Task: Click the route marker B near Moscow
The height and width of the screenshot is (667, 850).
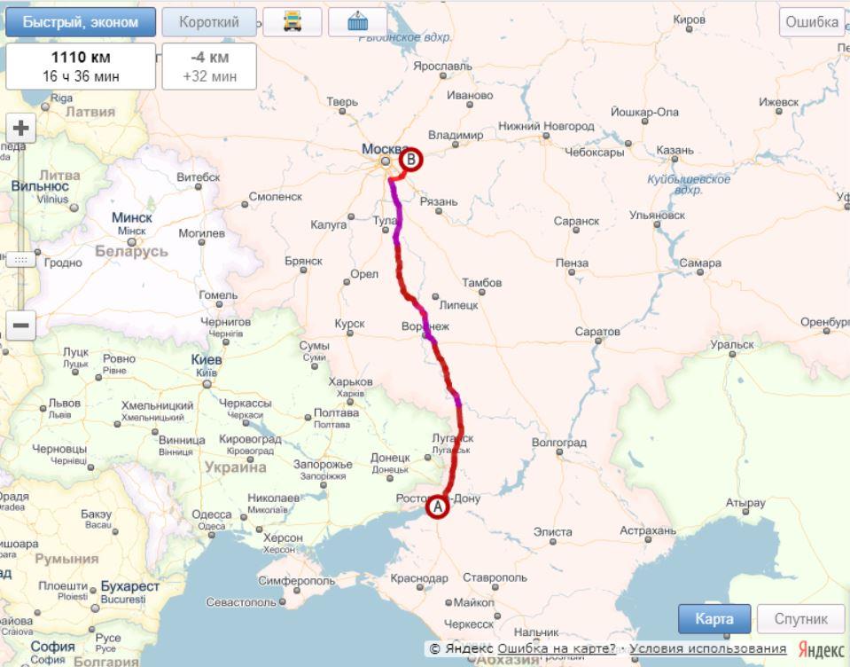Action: [412, 161]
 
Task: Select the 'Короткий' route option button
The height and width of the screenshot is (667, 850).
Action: [209, 23]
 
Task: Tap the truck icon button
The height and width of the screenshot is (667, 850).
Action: [292, 23]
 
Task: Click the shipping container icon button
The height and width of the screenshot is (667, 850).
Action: [357, 23]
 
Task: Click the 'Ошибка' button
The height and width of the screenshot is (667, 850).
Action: [811, 23]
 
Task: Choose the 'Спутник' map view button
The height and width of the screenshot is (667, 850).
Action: [801, 619]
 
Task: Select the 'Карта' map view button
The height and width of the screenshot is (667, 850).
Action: [714, 619]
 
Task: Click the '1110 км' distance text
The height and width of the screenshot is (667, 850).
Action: [81, 59]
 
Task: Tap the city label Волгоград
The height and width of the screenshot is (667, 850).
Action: [558, 442]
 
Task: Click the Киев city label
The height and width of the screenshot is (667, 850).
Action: [207, 360]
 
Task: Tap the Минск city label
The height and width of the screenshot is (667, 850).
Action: [132, 217]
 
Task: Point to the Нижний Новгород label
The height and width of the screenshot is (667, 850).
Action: [546, 126]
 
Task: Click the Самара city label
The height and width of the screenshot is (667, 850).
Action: [700, 263]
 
